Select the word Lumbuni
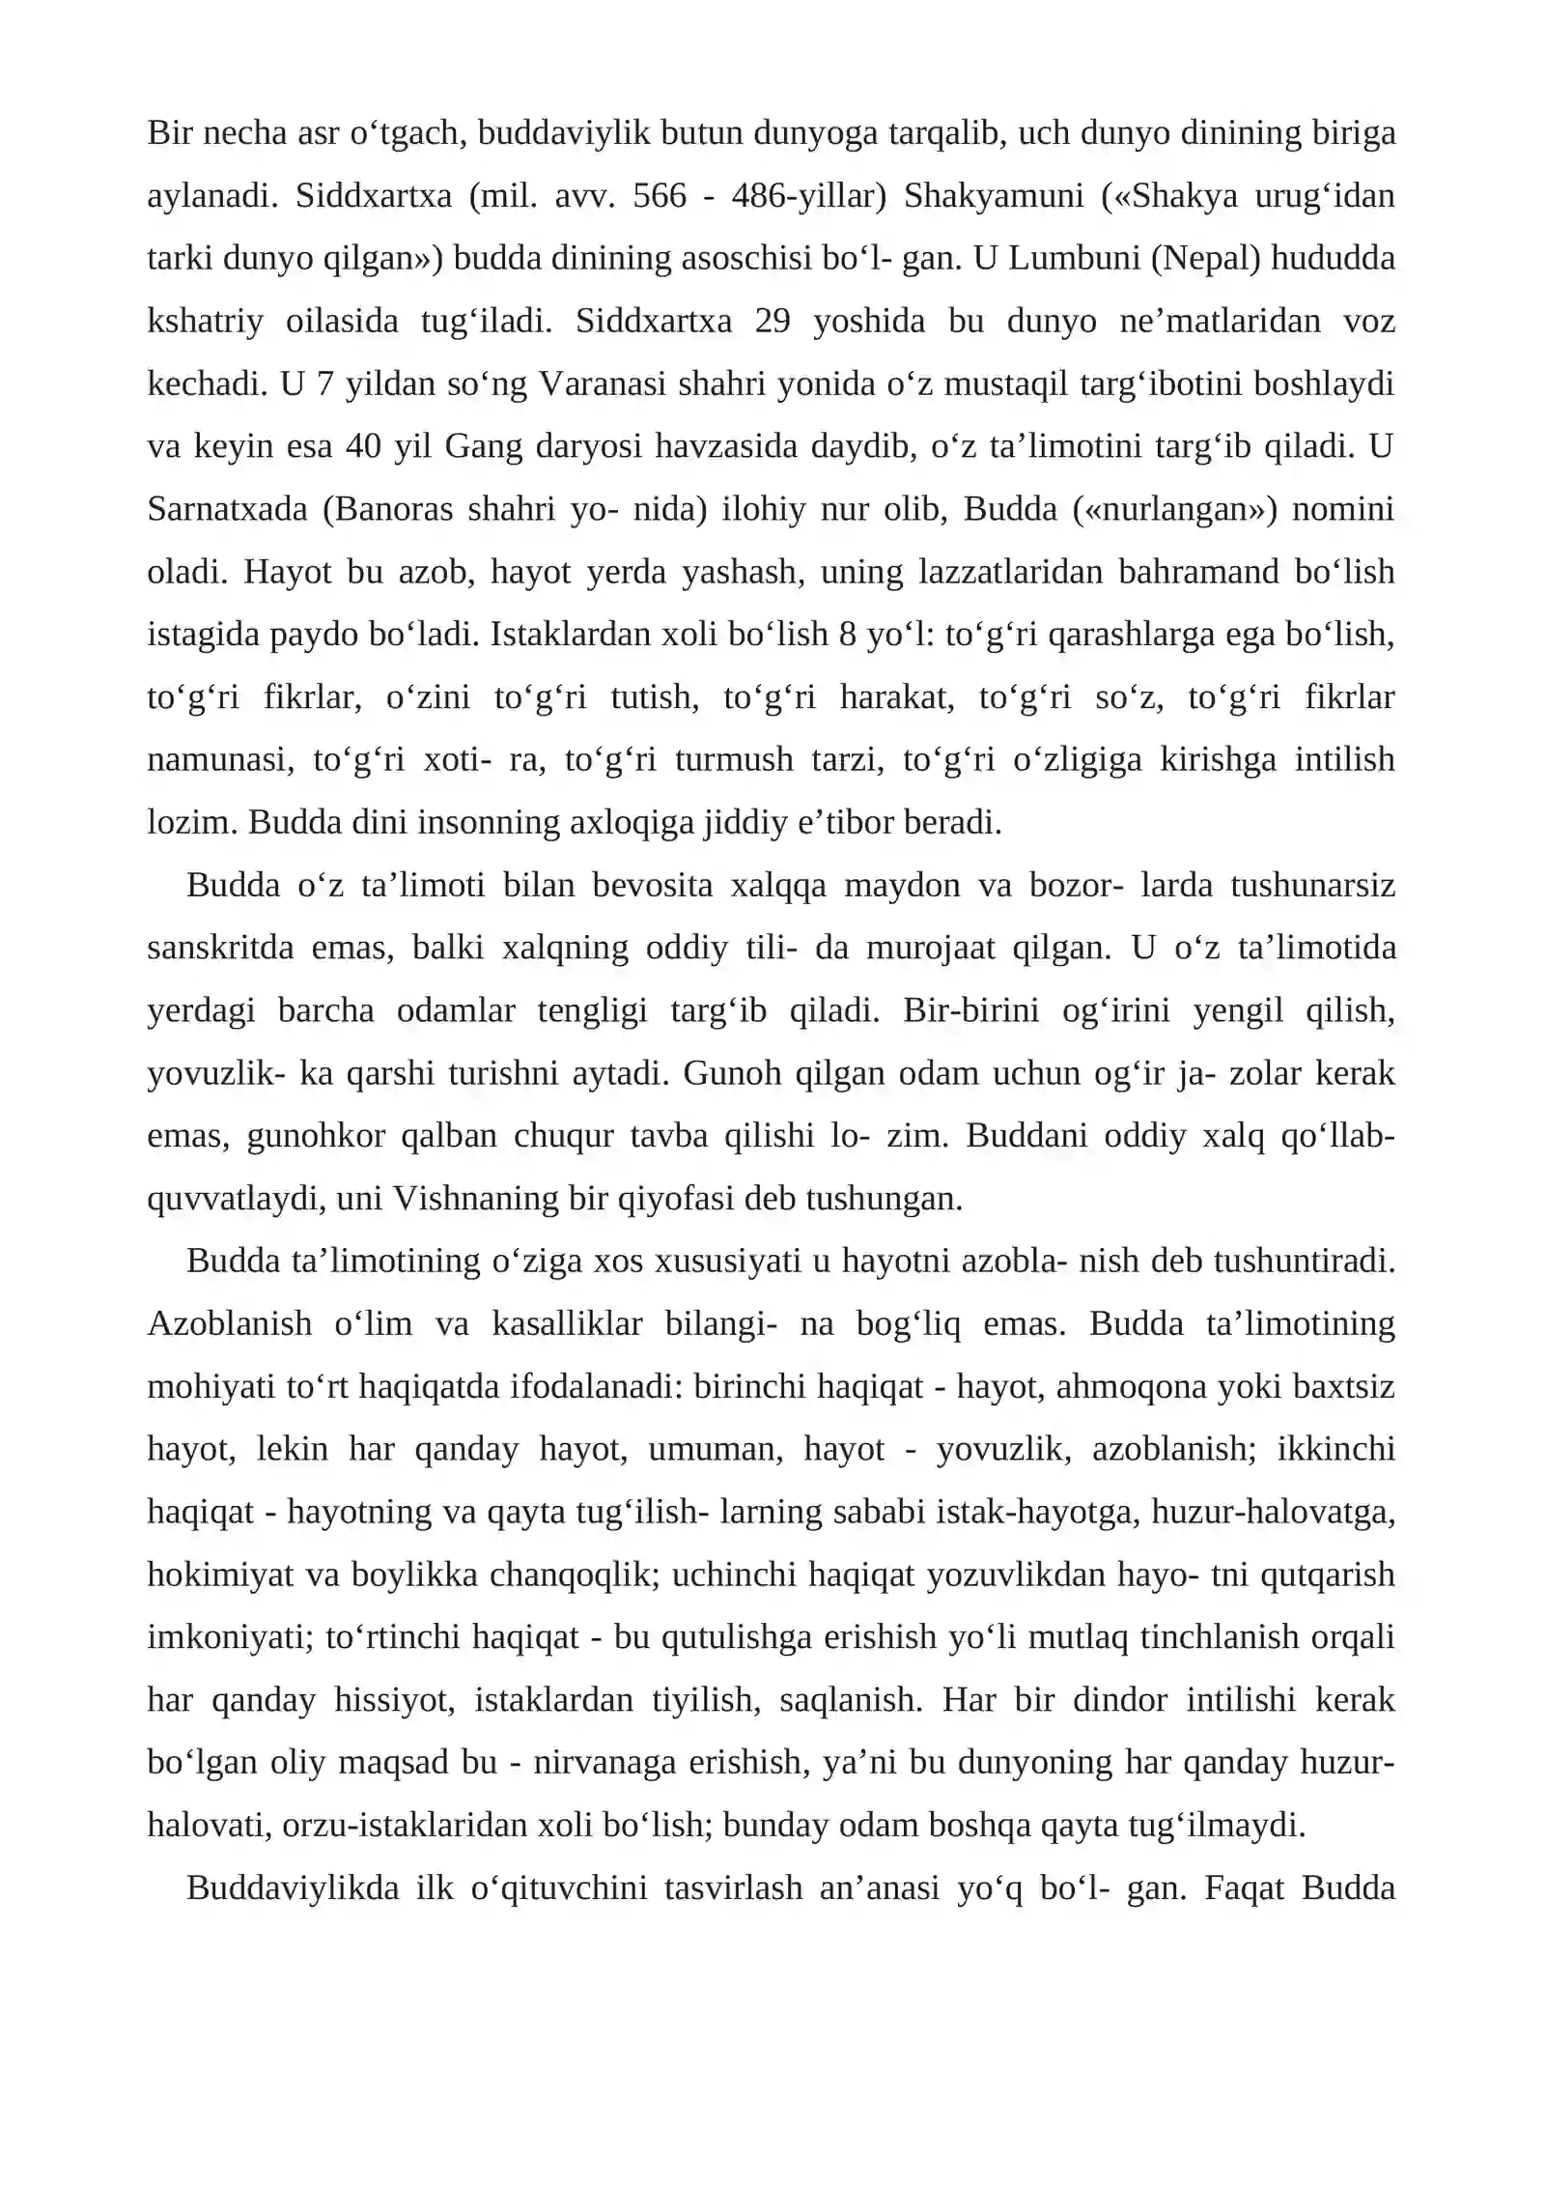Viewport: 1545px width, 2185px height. pos(1074,259)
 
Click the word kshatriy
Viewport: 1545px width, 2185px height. pos(205,321)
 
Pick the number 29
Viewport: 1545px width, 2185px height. pos(772,321)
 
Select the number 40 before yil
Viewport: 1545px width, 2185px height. pos(363,446)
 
